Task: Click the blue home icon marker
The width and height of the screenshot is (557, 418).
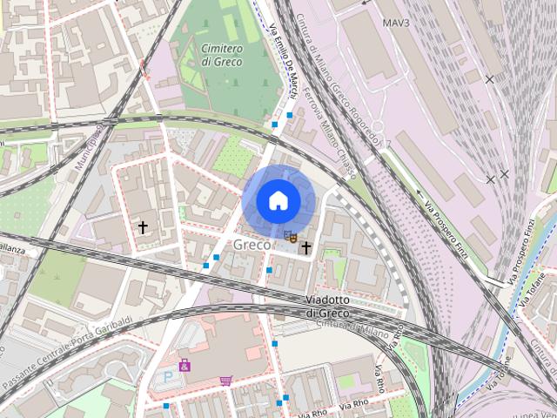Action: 278,200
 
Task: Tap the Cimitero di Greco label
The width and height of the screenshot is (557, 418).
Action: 222,55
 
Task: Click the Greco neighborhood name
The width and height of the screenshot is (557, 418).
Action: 252,245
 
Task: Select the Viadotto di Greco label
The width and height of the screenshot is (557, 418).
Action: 327,306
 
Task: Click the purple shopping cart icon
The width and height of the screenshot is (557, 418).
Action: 226,381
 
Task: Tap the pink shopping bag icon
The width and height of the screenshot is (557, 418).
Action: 185,365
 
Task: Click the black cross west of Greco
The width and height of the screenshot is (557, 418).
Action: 143,227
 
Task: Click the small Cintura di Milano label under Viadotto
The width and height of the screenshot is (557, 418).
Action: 332,325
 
